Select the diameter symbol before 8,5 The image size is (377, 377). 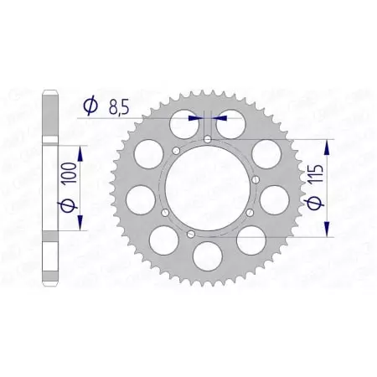pyautogui.click(x=91, y=106)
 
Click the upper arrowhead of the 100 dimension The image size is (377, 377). pyautogui.click(x=80, y=149)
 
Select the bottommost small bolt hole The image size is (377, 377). pyautogui.click(x=192, y=233)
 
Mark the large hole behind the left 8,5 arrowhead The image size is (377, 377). pyautogui.click(x=182, y=123)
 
